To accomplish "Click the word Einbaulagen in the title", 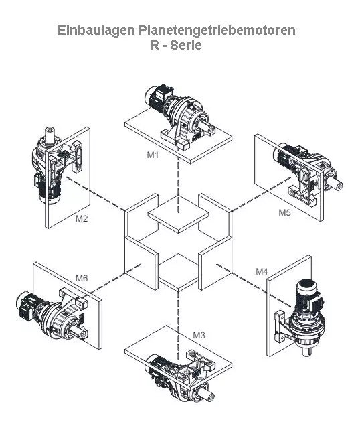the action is (97, 31).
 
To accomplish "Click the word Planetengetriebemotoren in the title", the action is (217, 31).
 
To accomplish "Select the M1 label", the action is (153, 155).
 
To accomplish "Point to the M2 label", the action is (82, 218).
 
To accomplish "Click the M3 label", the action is (199, 335).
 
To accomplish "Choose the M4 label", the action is (262, 271).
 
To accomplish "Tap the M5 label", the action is (284, 212).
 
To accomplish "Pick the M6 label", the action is (82, 278).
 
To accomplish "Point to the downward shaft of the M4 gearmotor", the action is (306, 350).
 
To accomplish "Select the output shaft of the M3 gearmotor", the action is (207, 395).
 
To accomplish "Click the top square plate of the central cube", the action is (179, 214).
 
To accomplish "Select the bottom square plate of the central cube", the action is (179, 272).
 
